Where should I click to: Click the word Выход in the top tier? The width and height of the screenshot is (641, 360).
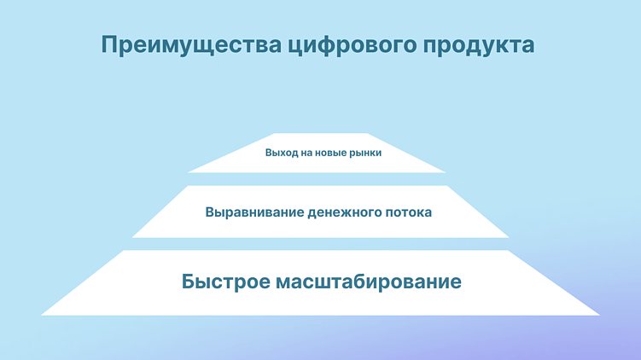[x=280, y=154]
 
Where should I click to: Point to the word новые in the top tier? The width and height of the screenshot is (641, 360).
[x=333, y=154]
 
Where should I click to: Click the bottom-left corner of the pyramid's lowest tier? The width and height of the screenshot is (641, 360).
[x=42, y=315]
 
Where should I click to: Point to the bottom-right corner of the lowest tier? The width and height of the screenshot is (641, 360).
[x=599, y=315]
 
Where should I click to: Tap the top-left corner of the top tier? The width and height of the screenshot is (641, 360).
[x=273, y=134]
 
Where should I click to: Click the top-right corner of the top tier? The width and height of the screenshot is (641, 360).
[x=368, y=134]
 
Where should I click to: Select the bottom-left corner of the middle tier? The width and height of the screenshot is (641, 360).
[x=132, y=237]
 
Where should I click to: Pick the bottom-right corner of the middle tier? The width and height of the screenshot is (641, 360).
[x=509, y=237]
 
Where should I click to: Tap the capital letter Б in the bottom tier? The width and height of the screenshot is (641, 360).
[x=189, y=282]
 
